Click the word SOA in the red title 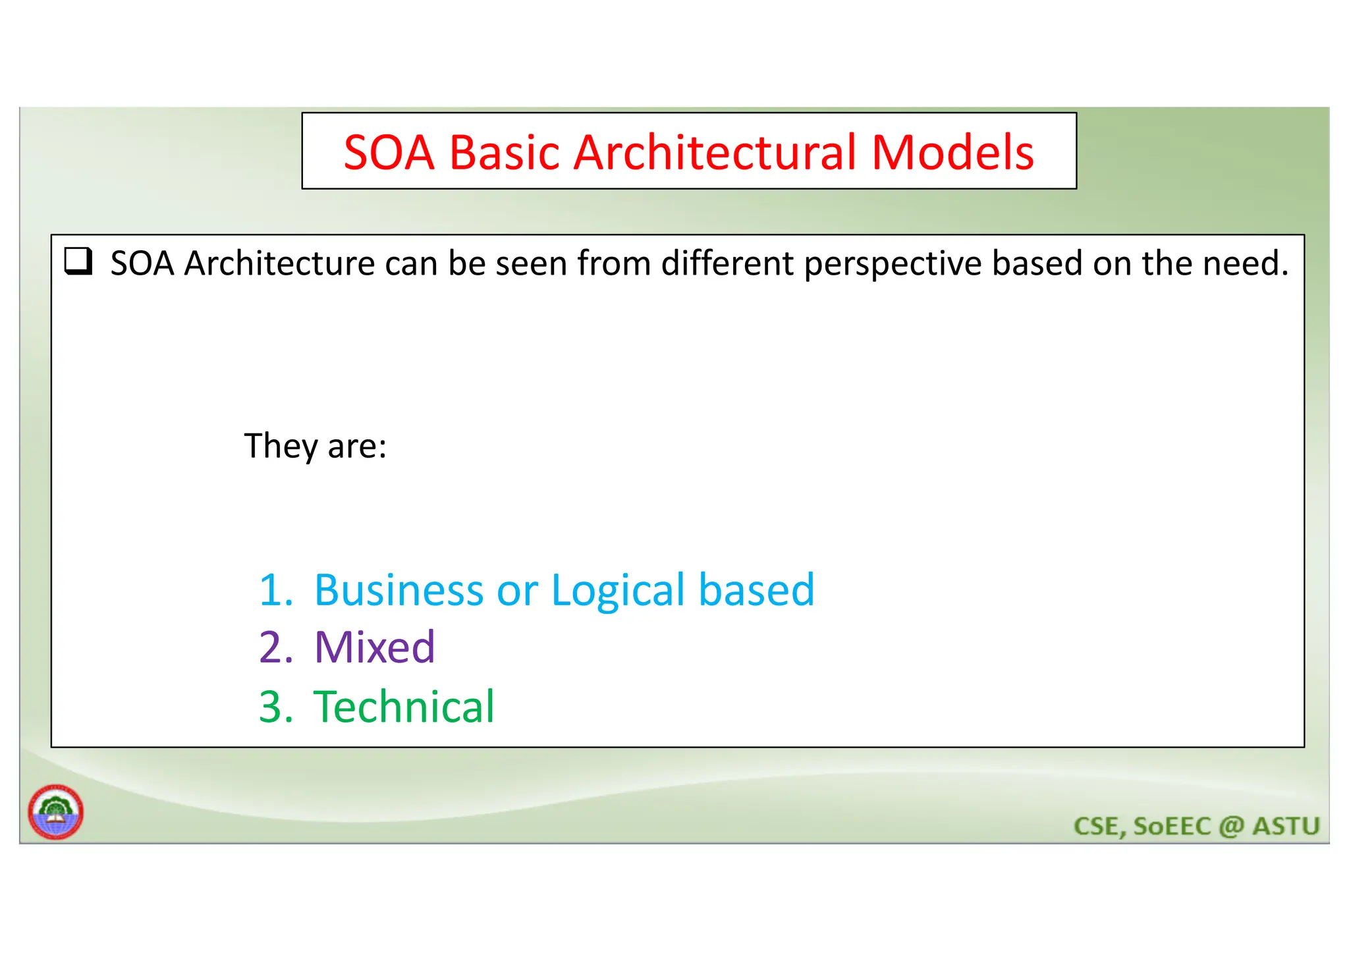coord(388,153)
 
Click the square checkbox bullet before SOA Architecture coord(78,261)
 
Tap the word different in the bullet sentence coord(727,263)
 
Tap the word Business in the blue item coord(399,589)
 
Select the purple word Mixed coord(374,647)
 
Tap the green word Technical coord(403,707)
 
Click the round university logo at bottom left coord(55,811)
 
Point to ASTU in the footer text coord(1286,826)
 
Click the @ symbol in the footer coord(1230,826)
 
